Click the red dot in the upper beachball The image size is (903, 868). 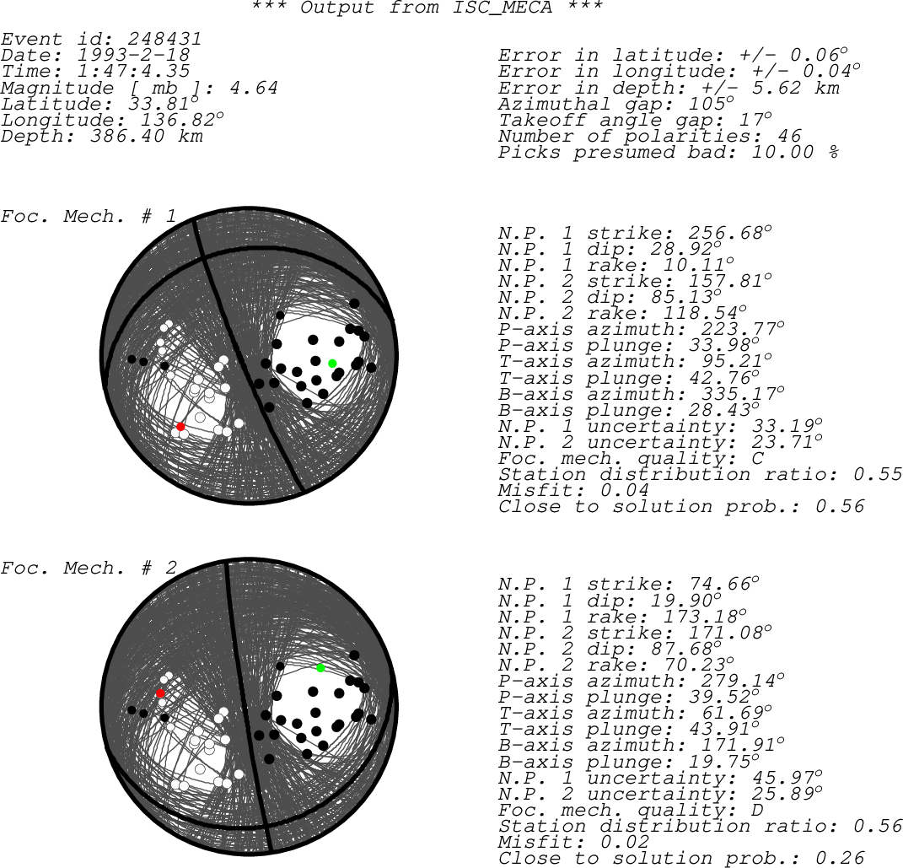(180, 427)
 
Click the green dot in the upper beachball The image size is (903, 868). (332, 364)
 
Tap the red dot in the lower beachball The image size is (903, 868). (161, 693)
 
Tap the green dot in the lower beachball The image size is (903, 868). (320, 668)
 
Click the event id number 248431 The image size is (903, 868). (164, 39)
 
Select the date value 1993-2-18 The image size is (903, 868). (133, 56)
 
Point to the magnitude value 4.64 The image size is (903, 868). (254, 88)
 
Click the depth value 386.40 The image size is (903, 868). (127, 137)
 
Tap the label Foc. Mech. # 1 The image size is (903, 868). (89, 217)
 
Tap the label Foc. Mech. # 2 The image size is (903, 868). (89, 569)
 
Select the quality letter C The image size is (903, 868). (758, 459)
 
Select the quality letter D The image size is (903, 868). (758, 811)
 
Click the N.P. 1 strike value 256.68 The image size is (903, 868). (726, 234)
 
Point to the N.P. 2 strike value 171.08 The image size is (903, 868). (726, 633)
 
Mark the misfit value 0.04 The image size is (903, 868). (624, 491)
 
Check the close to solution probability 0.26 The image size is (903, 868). (840, 858)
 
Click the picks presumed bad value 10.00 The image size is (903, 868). (782, 153)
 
